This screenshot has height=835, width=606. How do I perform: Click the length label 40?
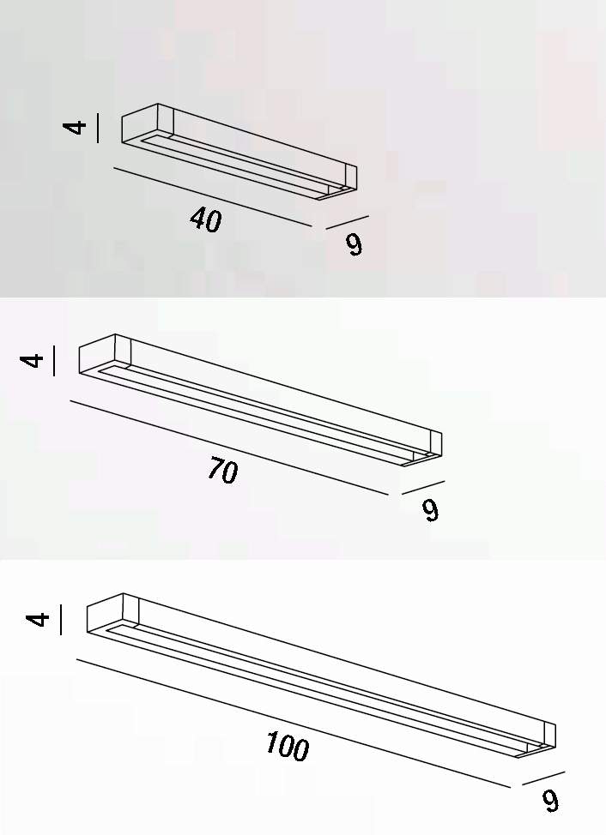(206, 219)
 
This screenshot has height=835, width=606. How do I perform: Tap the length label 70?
(222, 470)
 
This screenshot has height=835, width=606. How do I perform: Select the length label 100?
(288, 746)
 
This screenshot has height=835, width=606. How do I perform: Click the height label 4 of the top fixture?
(75, 128)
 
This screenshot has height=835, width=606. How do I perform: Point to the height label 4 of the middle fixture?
(31, 360)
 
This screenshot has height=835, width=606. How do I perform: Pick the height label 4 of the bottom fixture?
(37, 619)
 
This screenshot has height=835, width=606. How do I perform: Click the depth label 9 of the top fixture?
(354, 244)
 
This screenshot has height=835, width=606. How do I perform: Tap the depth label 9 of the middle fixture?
(430, 510)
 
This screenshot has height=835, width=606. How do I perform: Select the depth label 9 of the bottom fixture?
(550, 801)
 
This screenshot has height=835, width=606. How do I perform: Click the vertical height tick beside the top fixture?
(98, 128)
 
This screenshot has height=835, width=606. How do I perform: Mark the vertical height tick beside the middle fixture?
(54, 361)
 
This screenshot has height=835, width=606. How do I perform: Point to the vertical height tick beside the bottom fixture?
(60, 619)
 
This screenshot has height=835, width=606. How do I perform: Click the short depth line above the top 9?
(348, 222)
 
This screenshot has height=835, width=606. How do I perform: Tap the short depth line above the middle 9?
(423, 488)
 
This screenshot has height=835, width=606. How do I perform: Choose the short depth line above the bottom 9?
(543, 778)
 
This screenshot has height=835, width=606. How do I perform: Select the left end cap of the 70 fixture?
(105, 355)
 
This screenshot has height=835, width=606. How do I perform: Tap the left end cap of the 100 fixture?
(112, 614)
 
